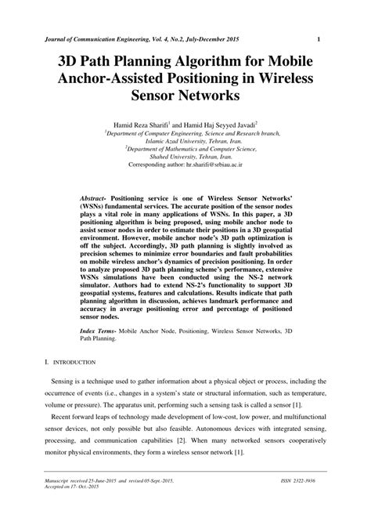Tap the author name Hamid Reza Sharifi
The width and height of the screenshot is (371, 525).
(x=142, y=124)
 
